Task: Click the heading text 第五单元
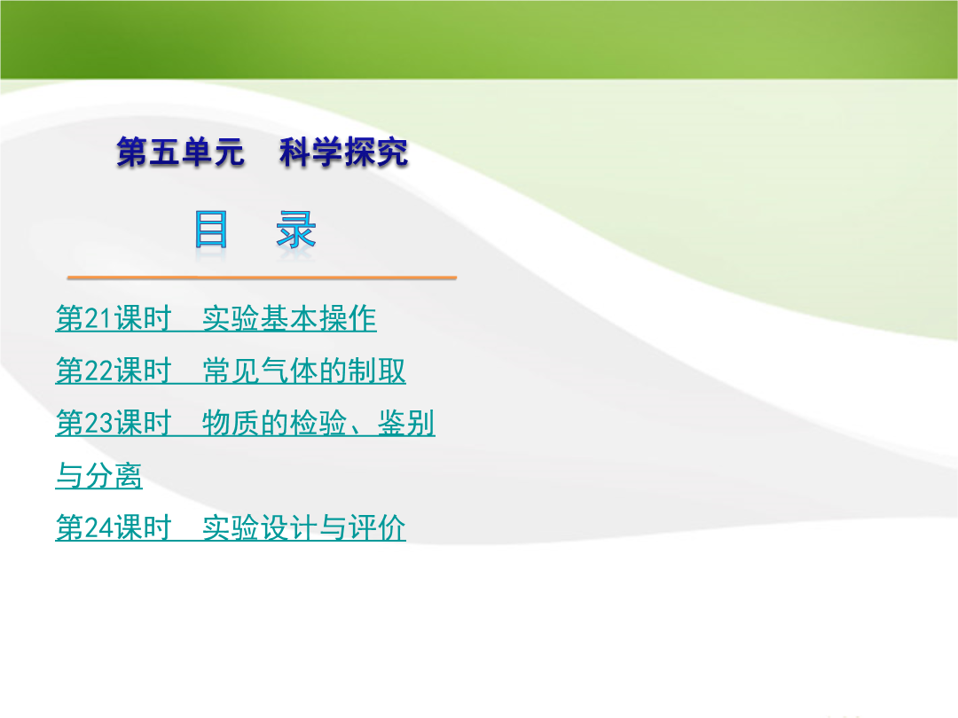(x=180, y=152)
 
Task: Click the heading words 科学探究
(x=344, y=152)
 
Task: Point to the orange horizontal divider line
(x=262, y=277)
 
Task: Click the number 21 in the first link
(x=98, y=319)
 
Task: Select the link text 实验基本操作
(x=289, y=319)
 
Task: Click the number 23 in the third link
(x=98, y=424)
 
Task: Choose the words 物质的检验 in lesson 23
(x=275, y=424)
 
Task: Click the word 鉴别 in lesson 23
(x=406, y=424)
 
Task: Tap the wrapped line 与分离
(x=99, y=476)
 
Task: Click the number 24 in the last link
(x=98, y=528)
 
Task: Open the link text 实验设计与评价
(x=304, y=528)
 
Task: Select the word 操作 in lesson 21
(x=349, y=319)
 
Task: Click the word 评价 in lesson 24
(x=378, y=528)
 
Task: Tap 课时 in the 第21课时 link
(x=142, y=319)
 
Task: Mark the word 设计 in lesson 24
(x=289, y=528)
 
